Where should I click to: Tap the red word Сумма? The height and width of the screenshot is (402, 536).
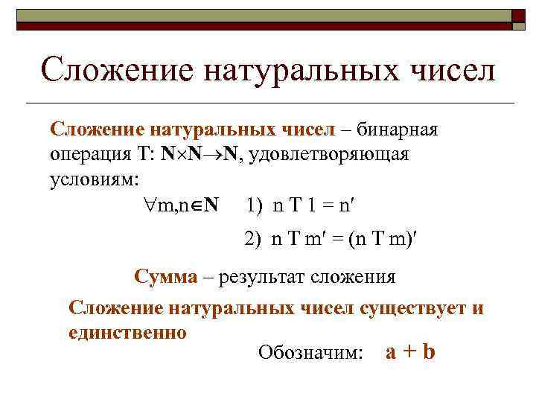[166, 276]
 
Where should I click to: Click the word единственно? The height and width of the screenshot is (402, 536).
[127, 331]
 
